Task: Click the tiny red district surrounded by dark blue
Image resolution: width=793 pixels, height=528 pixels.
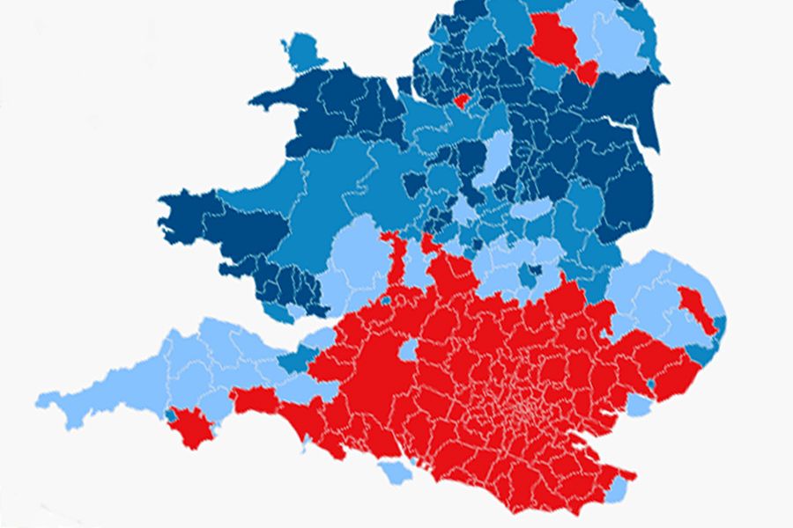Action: point(461,99)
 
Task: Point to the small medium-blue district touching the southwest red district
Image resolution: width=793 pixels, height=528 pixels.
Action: point(170,413)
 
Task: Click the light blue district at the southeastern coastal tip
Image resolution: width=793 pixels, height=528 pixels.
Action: point(620,485)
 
